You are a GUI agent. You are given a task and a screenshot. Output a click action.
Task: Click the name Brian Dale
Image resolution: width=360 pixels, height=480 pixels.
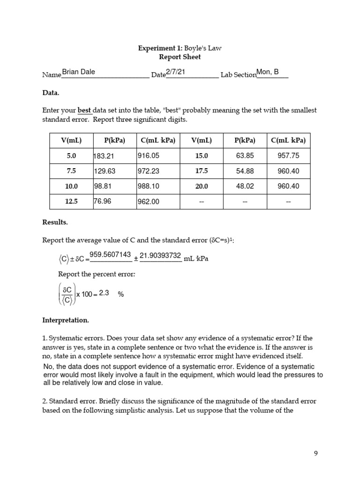click(78, 72)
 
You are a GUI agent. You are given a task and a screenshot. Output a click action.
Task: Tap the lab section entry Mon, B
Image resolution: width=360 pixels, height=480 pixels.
click(268, 72)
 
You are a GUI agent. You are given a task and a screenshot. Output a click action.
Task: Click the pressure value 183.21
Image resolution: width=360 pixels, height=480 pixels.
click(104, 156)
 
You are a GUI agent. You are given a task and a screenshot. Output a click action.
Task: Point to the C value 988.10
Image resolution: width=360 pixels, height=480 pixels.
click(148, 186)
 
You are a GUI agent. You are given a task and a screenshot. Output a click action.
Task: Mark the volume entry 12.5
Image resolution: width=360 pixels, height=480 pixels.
click(71, 202)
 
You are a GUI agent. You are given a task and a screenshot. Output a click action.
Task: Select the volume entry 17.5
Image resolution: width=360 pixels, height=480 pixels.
click(202, 171)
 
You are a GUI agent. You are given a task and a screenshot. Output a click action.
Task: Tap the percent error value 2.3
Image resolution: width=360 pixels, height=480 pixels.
click(104, 293)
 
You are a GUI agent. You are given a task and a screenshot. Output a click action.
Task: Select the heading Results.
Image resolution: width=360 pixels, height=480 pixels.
click(55, 222)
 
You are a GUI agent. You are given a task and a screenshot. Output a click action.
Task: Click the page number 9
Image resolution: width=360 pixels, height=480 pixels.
click(316, 453)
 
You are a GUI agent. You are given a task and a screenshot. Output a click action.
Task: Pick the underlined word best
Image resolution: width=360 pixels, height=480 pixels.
click(84, 111)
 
